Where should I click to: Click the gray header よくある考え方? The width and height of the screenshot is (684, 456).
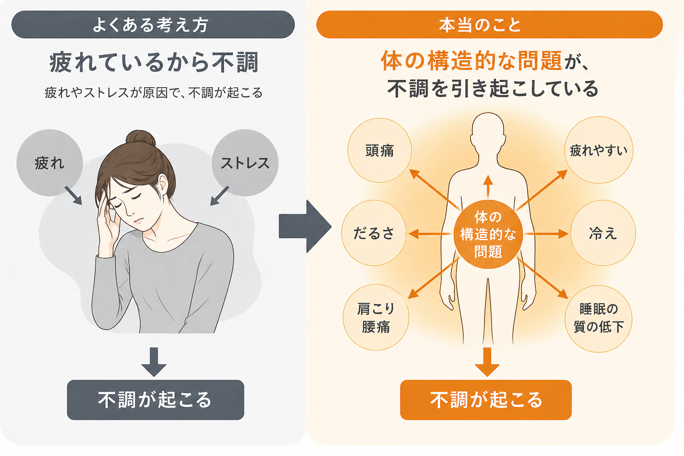[x=153, y=25]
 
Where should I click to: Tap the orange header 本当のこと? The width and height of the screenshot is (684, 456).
[x=489, y=25]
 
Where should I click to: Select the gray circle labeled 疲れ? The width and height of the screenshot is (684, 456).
[x=49, y=163]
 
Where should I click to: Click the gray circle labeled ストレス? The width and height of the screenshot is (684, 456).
[x=245, y=163]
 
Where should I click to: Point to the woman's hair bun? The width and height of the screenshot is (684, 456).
[x=140, y=138]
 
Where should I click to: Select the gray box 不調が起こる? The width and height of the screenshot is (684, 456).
[x=155, y=400]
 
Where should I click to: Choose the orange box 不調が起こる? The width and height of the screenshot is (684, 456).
[x=485, y=400]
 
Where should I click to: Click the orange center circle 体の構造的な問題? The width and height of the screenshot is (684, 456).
[x=488, y=234]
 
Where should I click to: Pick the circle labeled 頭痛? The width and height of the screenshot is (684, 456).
[x=379, y=151]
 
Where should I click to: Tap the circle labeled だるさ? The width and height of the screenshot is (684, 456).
[x=374, y=233]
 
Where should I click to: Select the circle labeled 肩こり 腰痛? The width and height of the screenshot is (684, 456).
[x=375, y=318]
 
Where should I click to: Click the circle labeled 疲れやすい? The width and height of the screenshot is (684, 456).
[x=598, y=150]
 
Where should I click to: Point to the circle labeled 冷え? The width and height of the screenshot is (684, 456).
[x=603, y=233]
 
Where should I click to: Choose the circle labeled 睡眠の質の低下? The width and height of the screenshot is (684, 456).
[x=598, y=318]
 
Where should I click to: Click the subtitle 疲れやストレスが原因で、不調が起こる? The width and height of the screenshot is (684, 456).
[x=154, y=93]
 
